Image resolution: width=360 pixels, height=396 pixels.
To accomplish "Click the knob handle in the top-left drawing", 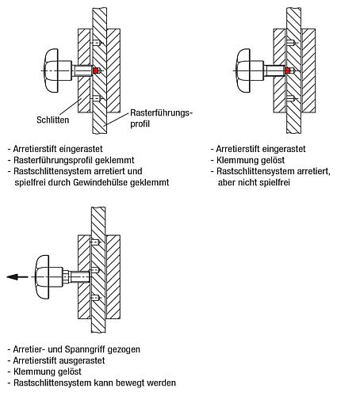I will click(52, 70).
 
